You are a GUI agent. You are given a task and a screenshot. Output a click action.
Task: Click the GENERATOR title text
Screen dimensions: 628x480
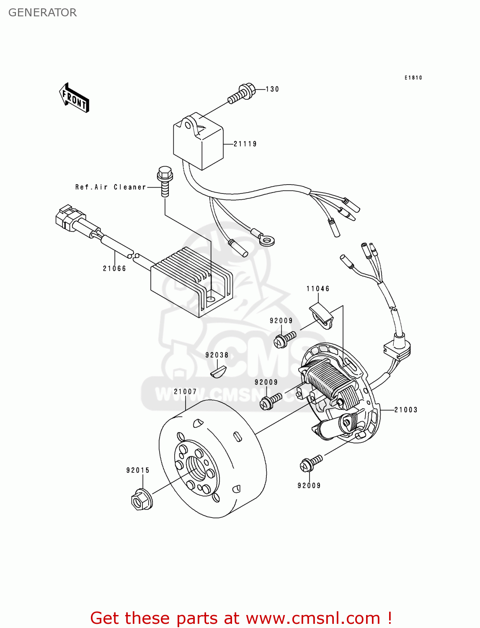click(x=42, y=13)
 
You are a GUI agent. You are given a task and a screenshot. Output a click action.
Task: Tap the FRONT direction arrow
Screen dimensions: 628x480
click(x=74, y=98)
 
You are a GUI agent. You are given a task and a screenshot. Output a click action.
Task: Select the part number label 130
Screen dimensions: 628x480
click(x=272, y=89)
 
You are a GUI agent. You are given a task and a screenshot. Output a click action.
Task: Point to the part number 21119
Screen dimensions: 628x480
click(x=245, y=144)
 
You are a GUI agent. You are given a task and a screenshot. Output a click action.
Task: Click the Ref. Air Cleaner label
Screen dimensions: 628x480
click(x=111, y=187)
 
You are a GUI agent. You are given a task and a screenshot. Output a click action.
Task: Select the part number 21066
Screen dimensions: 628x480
click(x=114, y=268)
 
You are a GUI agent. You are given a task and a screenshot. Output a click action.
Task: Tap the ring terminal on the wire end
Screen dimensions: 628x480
click(x=266, y=240)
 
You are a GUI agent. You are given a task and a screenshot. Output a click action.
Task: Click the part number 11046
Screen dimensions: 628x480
click(x=318, y=288)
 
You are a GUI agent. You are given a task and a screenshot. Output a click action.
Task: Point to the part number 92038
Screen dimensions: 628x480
click(x=217, y=355)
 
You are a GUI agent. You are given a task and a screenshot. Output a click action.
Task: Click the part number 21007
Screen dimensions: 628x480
click(x=185, y=391)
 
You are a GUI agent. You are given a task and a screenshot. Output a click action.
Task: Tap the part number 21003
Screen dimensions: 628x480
click(x=406, y=410)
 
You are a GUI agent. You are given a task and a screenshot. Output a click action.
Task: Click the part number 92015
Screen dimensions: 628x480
click(x=138, y=470)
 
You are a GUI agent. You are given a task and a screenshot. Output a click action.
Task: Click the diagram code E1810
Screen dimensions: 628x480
click(x=413, y=77)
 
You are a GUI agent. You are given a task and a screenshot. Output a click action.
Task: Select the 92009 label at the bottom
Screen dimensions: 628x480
click(x=309, y=486)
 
